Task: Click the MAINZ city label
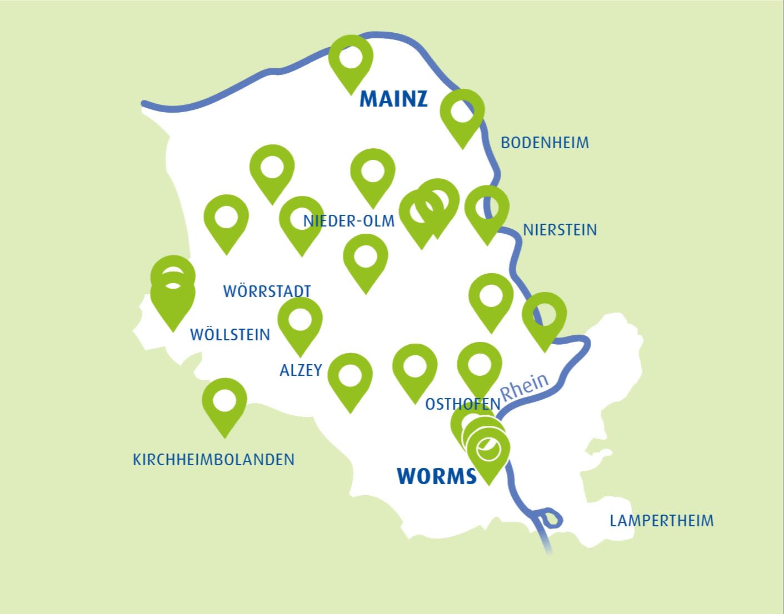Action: click(393, 99)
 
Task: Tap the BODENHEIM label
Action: click(545, 143)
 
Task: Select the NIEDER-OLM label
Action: click(348, 221)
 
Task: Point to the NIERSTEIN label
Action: click(560, 230)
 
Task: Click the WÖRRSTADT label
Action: click(267, 291)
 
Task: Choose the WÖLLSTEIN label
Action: click(230, 335)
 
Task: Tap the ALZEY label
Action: click(301, 370)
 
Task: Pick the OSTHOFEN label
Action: click(462, 404)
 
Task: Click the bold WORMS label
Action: click(437, 476)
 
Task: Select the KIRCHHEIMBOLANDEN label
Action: click(213, 460)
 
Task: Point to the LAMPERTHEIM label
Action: click(661, 521)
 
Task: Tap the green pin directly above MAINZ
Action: click(351, 59)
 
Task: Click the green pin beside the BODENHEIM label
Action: click(462, 113)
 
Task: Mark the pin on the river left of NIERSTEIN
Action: click(487, 210)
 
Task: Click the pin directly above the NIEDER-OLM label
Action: click(373, 172)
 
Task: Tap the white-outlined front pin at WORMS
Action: click(488, 450)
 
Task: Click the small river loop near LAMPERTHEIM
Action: click(550, 519)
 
